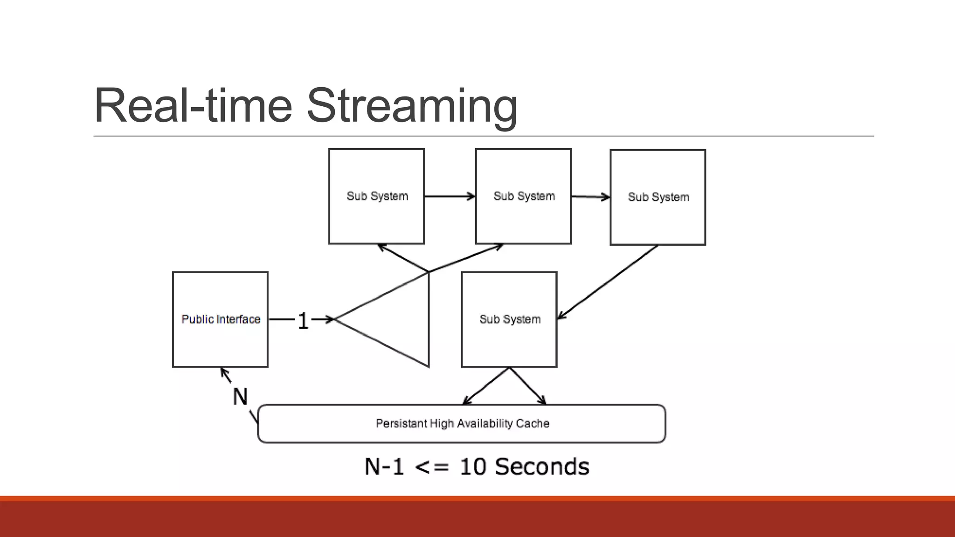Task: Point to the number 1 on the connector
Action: [303, 321]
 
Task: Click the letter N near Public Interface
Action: [240, 397]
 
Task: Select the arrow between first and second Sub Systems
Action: [450, 196]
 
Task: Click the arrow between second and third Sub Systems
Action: [590, 197]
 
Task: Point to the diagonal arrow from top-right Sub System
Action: [607, 282]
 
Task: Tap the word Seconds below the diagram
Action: [542, 467]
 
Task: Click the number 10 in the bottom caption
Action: [473, 467]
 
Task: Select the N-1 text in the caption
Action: [384, 467]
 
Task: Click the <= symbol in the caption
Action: [431, 467]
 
